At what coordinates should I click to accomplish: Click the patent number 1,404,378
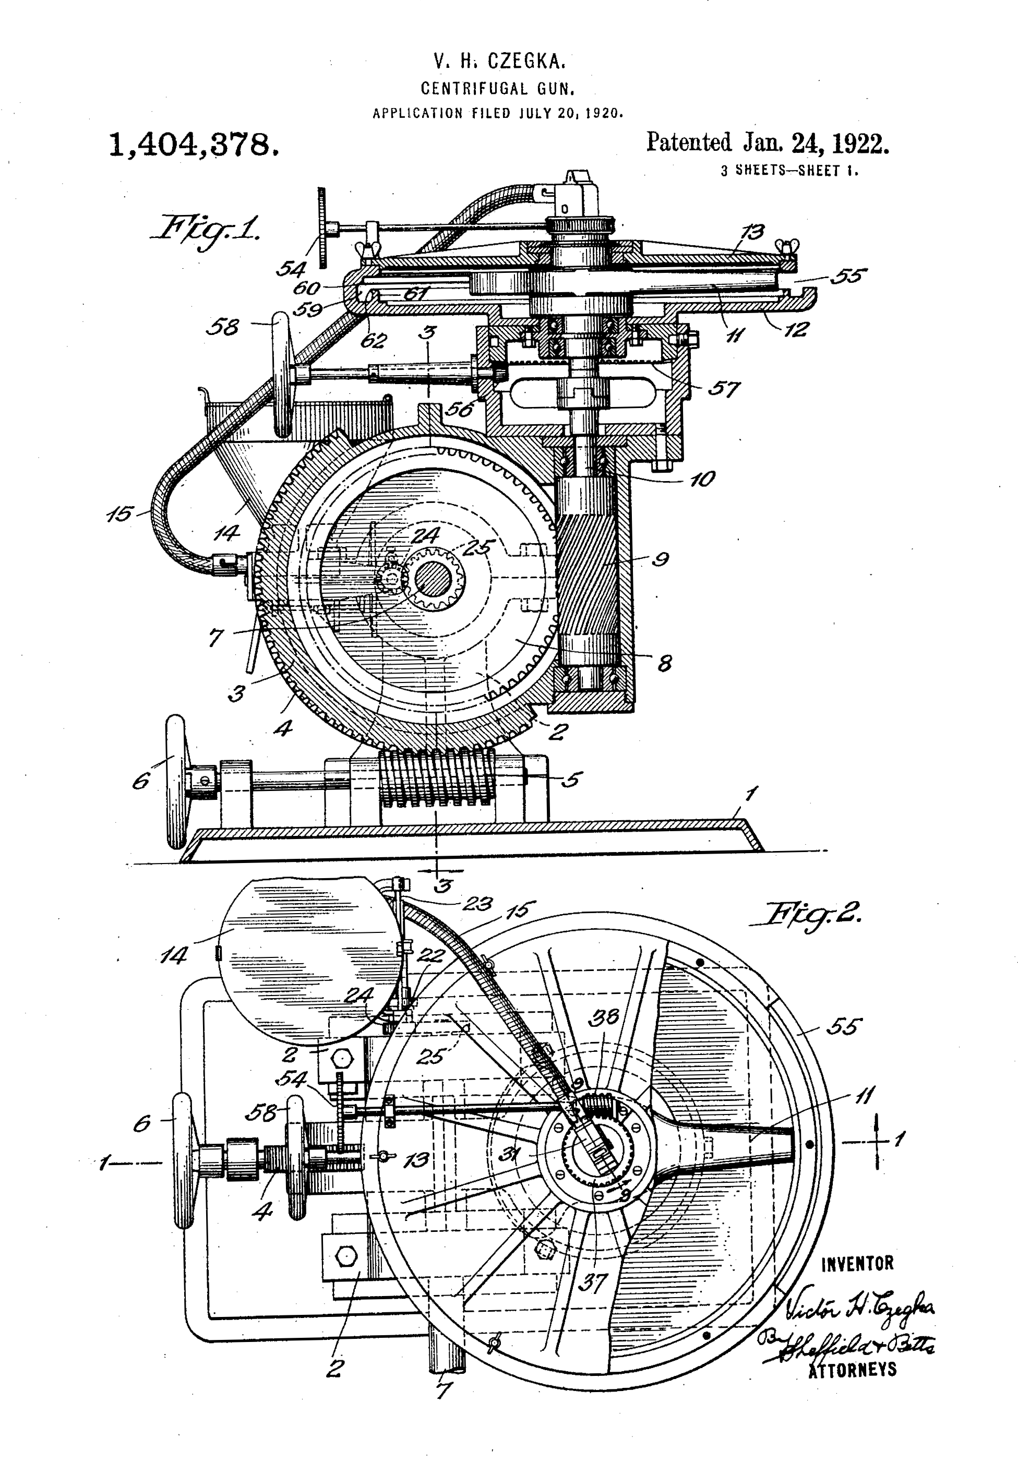194,146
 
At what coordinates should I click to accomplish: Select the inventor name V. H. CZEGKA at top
499,61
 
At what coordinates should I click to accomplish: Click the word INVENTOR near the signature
857,1264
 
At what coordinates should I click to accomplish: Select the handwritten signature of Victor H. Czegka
859,1308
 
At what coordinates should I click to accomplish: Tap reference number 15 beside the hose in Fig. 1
121,513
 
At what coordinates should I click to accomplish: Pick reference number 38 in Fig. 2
603,1017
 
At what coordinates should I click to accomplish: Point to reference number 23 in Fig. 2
477,903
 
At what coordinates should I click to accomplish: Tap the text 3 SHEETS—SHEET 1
789,171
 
